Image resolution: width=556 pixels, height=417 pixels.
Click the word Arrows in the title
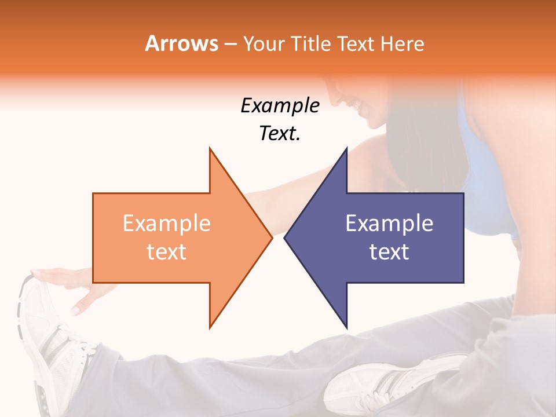coord(182,43)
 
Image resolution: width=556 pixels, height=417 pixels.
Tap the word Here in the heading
coord(403,44)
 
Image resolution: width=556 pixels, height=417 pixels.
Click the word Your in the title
coord(264,44)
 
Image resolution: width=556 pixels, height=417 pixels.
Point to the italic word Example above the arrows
coord(280,106)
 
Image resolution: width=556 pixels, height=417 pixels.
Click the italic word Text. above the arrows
coord(280,133)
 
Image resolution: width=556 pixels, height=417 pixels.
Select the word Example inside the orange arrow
coord(166,224)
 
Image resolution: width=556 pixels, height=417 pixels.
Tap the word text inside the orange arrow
coord(166,252)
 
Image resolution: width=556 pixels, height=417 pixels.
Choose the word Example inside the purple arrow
coord(389,224)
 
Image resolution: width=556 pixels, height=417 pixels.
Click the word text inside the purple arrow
coord(389,252)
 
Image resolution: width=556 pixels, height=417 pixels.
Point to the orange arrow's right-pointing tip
coord(271,237)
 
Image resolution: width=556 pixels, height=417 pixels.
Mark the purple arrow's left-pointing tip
coord(285,237)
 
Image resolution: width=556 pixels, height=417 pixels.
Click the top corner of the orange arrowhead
coord(210,149)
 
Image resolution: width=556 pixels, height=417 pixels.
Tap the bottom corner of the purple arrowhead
coord(346,327)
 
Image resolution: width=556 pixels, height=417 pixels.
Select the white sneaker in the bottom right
coord(394,379)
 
